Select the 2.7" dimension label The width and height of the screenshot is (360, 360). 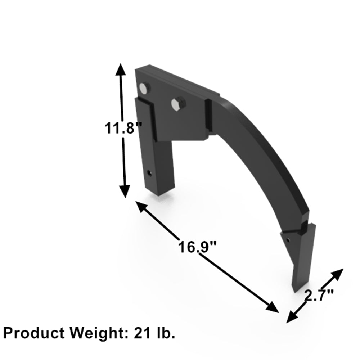(319, 296)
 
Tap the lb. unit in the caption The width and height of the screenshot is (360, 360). (164, 333)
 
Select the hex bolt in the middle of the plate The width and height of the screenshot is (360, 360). (177, 104)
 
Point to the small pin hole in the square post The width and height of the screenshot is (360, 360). (149, 172)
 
